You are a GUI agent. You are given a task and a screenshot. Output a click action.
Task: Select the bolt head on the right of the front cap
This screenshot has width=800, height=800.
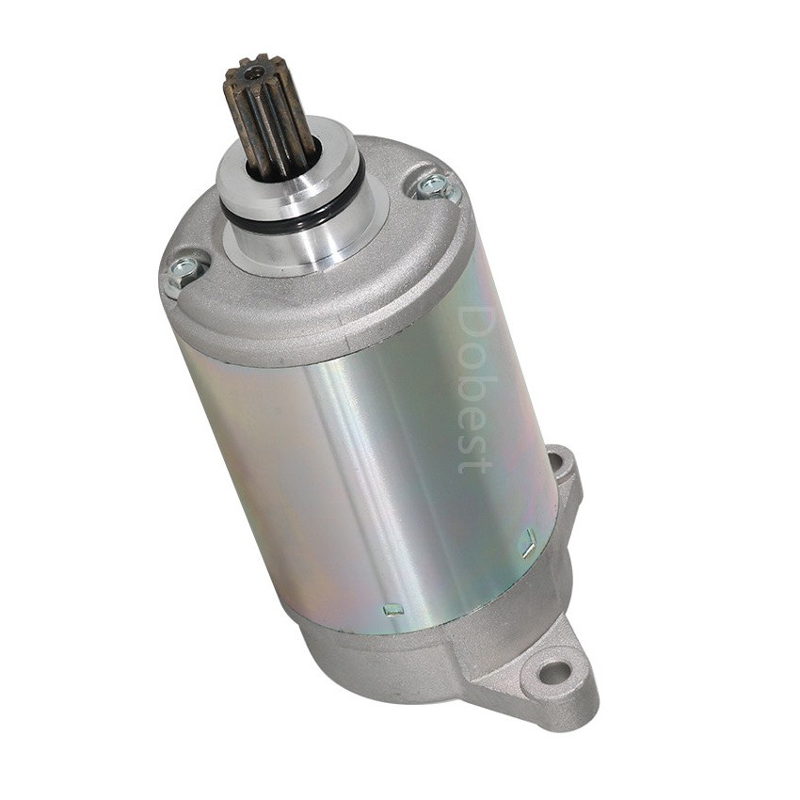point(434,186)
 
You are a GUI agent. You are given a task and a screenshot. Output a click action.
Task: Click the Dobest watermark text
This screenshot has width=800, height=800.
point(474,390)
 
